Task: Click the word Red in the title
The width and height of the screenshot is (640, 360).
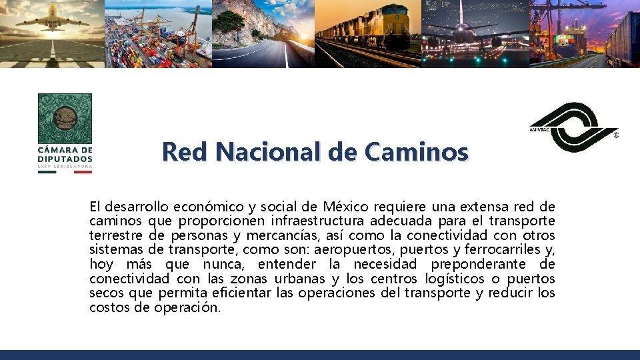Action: coord(181,152)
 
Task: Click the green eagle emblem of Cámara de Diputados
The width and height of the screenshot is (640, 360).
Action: coord(65,119)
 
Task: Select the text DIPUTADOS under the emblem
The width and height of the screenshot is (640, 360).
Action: coord(65,159)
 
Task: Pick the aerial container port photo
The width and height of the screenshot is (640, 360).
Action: coord(158,33)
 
